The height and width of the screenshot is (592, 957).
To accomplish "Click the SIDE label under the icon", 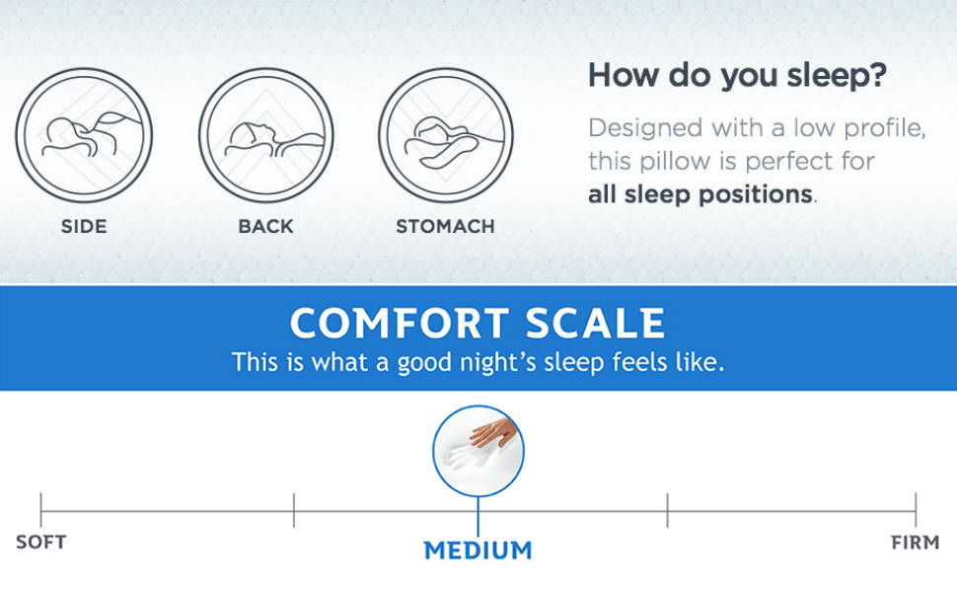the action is (x=84, y=226).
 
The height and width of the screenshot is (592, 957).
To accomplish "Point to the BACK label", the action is (x=265, y=226).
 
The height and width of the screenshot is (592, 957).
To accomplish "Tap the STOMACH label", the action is (x=445, y=226).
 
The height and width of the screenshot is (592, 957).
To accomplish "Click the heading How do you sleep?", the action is (x=737, y=76).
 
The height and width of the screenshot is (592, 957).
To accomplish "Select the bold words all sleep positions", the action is (x=700, y=194).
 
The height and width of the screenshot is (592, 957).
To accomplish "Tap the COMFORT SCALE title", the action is (x=478, y=323).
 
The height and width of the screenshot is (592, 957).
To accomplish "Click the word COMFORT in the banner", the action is (x=400, y=323).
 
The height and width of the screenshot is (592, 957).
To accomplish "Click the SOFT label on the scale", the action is (x=40, y=542).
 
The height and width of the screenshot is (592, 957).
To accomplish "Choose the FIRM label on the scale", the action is (x=915, y=542).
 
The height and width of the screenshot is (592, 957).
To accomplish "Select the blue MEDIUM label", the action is (x=478, y=551).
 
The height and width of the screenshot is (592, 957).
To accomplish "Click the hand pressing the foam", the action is (x=493, y=433).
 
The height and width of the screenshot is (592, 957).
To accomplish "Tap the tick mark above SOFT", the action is (x=40, y=510).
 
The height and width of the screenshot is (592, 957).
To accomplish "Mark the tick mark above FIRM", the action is (x=916, y=510).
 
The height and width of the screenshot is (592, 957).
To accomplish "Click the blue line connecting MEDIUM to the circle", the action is (x=478, y=516).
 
